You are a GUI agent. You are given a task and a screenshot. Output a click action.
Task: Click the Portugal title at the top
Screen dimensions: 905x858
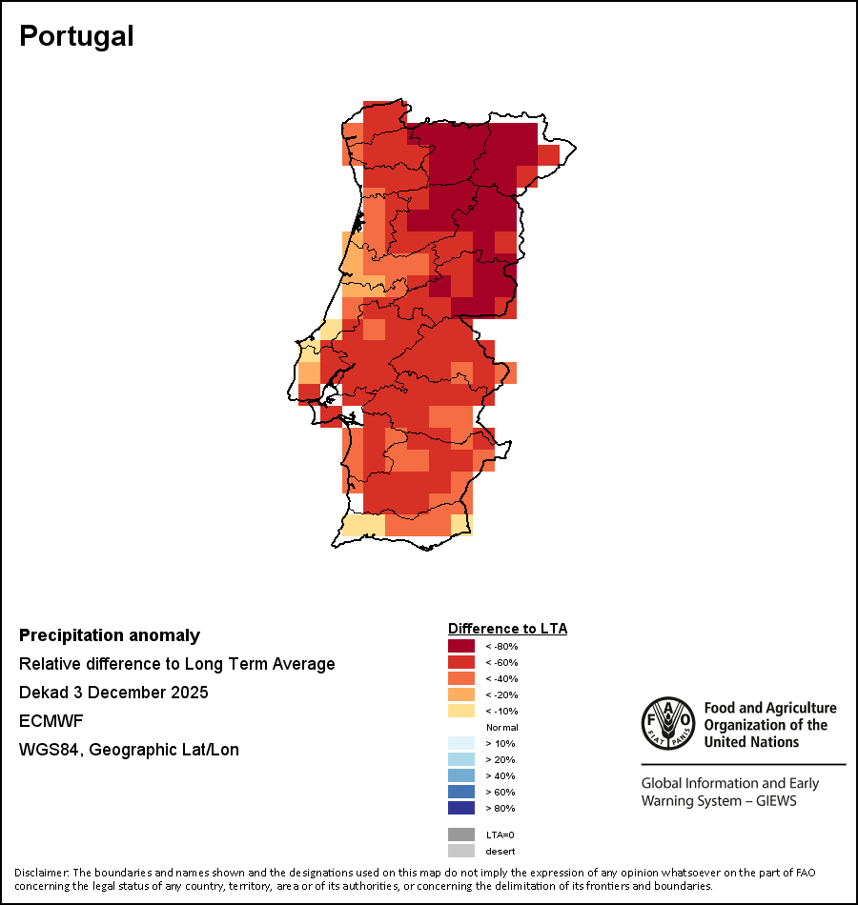click(x=76, y=36)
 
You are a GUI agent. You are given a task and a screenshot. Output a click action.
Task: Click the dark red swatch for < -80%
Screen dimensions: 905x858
click(x=461, y=646)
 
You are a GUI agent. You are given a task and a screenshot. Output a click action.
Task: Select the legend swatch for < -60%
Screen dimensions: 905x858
click(x=461, y=662)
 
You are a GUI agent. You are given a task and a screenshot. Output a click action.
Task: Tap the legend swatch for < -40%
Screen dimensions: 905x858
click(x=461, y=678)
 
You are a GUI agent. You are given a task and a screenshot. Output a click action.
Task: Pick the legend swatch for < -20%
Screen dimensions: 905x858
click(x=461, y=694)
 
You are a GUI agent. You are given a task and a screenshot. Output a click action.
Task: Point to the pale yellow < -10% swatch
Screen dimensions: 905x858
click(x=461, y=711)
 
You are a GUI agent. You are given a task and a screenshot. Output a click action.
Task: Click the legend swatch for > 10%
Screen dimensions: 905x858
click(x=461, y=743)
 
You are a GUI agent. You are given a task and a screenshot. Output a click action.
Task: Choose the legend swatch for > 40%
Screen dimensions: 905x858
click(x=461, y=775)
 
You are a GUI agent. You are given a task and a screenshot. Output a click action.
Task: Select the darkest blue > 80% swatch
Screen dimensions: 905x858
click(x=461, y=808)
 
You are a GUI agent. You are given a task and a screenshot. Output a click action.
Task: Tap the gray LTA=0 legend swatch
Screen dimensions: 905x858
click(x=461, y=835)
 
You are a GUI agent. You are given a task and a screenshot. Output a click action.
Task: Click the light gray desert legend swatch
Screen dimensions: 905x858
click(x=461, y=851)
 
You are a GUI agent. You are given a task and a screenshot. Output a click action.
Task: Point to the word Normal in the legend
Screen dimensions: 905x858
click(x=501, y=727)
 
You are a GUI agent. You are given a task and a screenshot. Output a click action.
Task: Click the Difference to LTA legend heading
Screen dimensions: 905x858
click(x=507, y=629)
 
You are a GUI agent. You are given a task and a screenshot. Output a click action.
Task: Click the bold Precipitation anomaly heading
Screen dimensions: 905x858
click(x=110, y=635)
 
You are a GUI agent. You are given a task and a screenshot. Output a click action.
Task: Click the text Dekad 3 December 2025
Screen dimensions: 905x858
click(x=113, y=693)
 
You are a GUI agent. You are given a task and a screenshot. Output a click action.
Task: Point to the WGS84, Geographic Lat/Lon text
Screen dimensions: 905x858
click(x=129, y=750)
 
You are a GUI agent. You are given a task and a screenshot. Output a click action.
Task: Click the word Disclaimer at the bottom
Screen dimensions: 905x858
click(x=39, y=873)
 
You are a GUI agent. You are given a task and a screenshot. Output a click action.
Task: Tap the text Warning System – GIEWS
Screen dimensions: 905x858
click(x=718, y=801)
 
